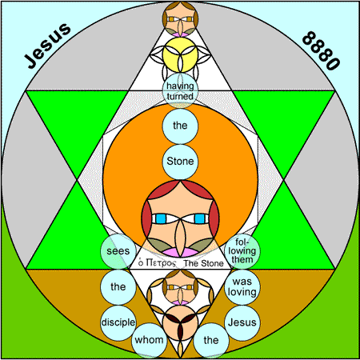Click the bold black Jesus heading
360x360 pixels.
tap(47, 45)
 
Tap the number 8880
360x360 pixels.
tap(321, 50)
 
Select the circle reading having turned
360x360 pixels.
tap(180, 90)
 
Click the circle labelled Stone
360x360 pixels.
tap(180, 162)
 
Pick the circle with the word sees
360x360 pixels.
tap(118, 251)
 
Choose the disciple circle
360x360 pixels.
tap(118, 322)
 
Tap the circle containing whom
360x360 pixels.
tap(149, 340)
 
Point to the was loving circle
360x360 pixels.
tap(242, 287)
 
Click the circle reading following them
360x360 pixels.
tap(242, 251)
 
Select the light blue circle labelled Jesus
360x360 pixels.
tap(242, 322)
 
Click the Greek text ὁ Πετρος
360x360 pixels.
tap(157, 263)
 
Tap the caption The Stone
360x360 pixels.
tap(203, 263)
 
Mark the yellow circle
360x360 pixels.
tap(180, 54)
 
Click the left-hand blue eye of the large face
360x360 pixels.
tap(161, 218)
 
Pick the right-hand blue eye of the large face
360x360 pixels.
tap(200, 218)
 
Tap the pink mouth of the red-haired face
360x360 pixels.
tap(180, 252)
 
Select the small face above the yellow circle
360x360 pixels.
tap(180, 19)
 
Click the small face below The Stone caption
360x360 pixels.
tap(180, 287)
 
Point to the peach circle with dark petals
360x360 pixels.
tap(180, 323)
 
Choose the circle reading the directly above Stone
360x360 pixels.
tap(180, 126)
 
